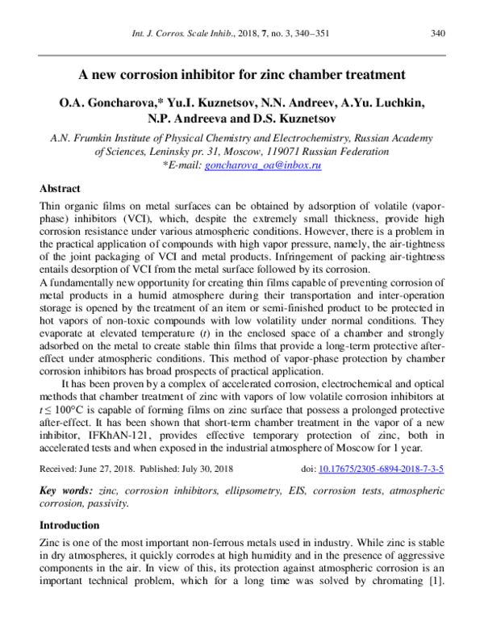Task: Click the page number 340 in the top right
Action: (438, 33)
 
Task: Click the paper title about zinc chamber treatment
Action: (241, 74)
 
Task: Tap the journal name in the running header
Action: (185, 33)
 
